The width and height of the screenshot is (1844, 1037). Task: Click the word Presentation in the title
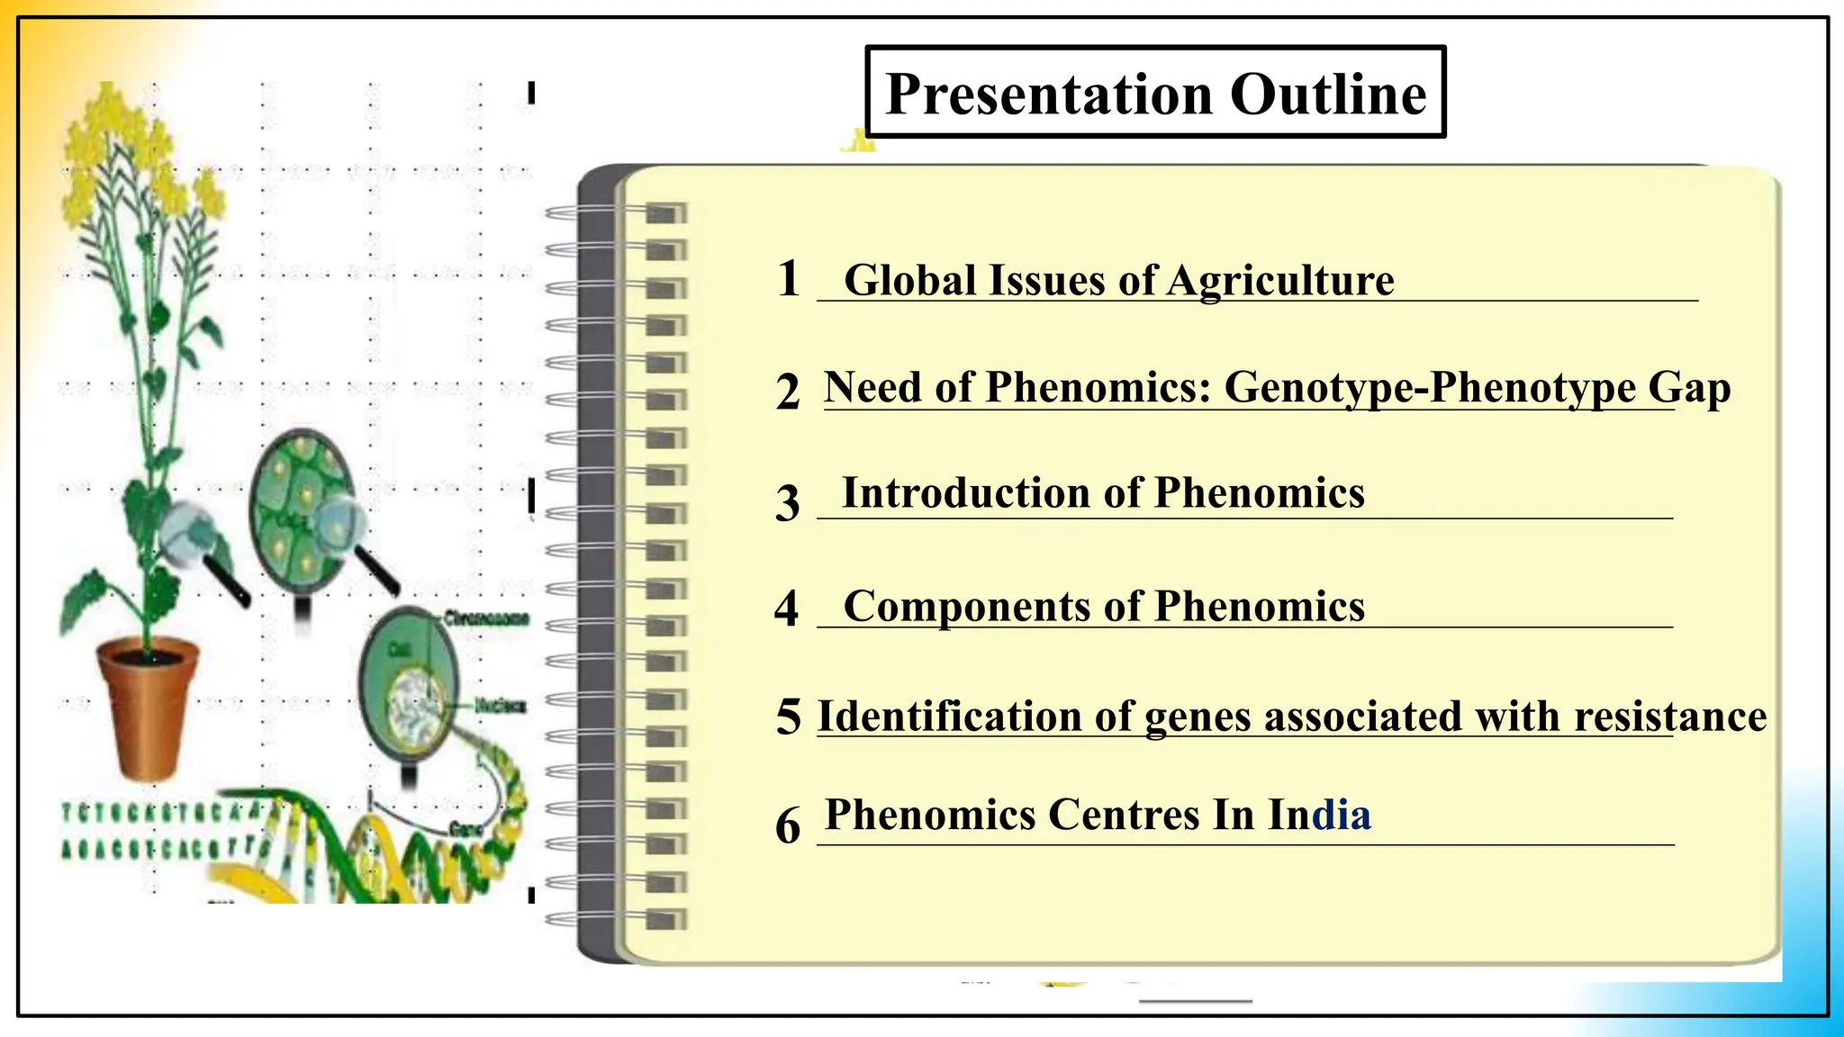click(1049, 94)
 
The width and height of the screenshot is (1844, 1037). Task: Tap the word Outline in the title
click(1328, 94)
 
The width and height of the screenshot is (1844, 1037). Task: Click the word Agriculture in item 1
click(1280, 281)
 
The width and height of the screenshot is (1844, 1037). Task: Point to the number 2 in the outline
click(788, 392)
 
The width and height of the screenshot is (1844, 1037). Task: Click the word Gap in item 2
click(1689, 388)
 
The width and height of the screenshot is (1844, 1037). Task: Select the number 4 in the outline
click(787, 609)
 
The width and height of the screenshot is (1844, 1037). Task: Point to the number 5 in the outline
click(789, 717)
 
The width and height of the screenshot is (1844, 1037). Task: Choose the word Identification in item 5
click(948, 717)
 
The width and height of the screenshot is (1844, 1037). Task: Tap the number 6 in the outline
click(788, 825)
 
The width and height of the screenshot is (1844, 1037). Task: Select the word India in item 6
click(1319, 815)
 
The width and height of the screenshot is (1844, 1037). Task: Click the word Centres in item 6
click(1124, 815)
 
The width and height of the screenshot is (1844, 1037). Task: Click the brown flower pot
click(147, 707)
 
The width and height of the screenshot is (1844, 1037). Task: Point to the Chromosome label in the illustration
click(486, 618)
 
